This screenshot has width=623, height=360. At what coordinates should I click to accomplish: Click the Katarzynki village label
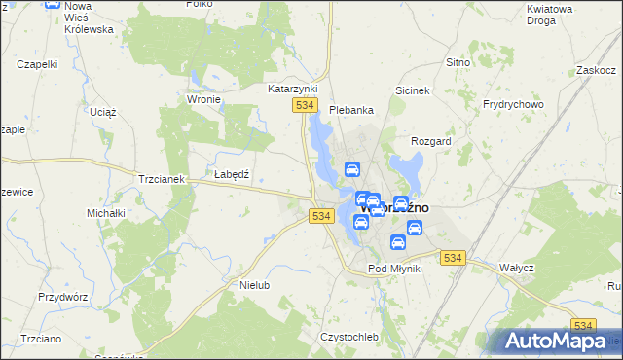coord(293,89)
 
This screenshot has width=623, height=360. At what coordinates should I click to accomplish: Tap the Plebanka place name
coord(351,110)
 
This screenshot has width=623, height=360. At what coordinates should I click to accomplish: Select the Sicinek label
coord(412,90)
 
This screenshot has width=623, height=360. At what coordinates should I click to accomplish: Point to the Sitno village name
coord(458,62)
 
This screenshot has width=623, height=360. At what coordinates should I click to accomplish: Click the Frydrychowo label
coord(513,103)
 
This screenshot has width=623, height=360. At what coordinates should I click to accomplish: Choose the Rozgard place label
coord(432,141)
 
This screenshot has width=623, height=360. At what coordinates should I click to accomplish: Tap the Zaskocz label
coord(596,71)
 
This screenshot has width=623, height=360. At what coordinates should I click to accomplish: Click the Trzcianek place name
coord(162,179)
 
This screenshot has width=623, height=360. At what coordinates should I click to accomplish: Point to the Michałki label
coord(106,212)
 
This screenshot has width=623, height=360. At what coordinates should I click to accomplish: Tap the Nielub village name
coord(254,285)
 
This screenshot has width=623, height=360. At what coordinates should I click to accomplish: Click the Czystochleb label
coord(348,337)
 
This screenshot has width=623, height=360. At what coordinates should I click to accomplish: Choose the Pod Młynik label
coord(393,269)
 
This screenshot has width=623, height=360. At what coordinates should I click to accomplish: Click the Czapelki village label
coord(38,64)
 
